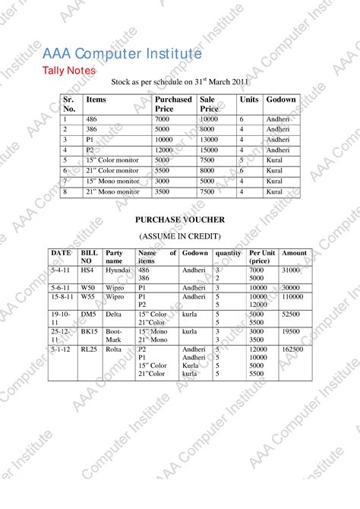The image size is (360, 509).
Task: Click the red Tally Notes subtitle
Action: pos(68,71)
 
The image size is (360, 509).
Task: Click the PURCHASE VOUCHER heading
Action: pos(180,220)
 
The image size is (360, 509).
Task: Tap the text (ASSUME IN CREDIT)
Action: pos(180,236)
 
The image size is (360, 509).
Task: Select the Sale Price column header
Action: pos(210,104)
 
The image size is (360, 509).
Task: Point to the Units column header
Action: pos(248,100)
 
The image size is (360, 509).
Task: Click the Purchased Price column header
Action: pos(173,104)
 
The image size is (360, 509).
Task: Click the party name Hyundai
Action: pos(118,270)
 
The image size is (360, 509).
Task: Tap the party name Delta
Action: pos(113,313)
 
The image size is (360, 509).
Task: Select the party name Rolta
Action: pos(113,349)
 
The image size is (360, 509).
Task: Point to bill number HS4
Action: pos(87,270)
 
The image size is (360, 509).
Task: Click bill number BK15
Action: pos(89,332)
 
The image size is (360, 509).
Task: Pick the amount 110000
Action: pos(292,297)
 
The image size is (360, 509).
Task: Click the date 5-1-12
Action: pos(62,349)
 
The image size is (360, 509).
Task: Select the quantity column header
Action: pos(229,253)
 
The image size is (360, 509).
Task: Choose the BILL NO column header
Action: pos(90,257)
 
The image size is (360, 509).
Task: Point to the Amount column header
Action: pos(294,253)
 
